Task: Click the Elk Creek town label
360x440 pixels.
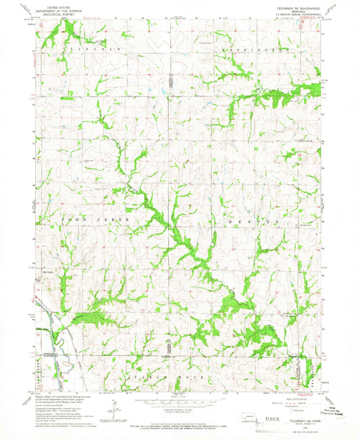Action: tap(48, 273)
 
